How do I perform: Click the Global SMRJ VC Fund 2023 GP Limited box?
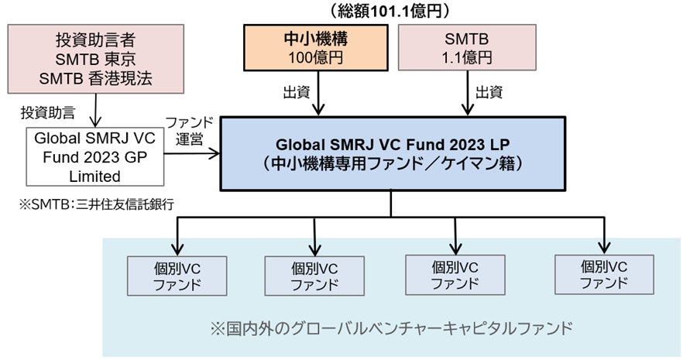(95, 156)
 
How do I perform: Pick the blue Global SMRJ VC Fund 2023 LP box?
(390, 153)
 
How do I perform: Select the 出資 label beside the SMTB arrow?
(488, 93)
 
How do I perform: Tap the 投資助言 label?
(48, 112)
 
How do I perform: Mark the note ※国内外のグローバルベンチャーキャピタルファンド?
(396, 327)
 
